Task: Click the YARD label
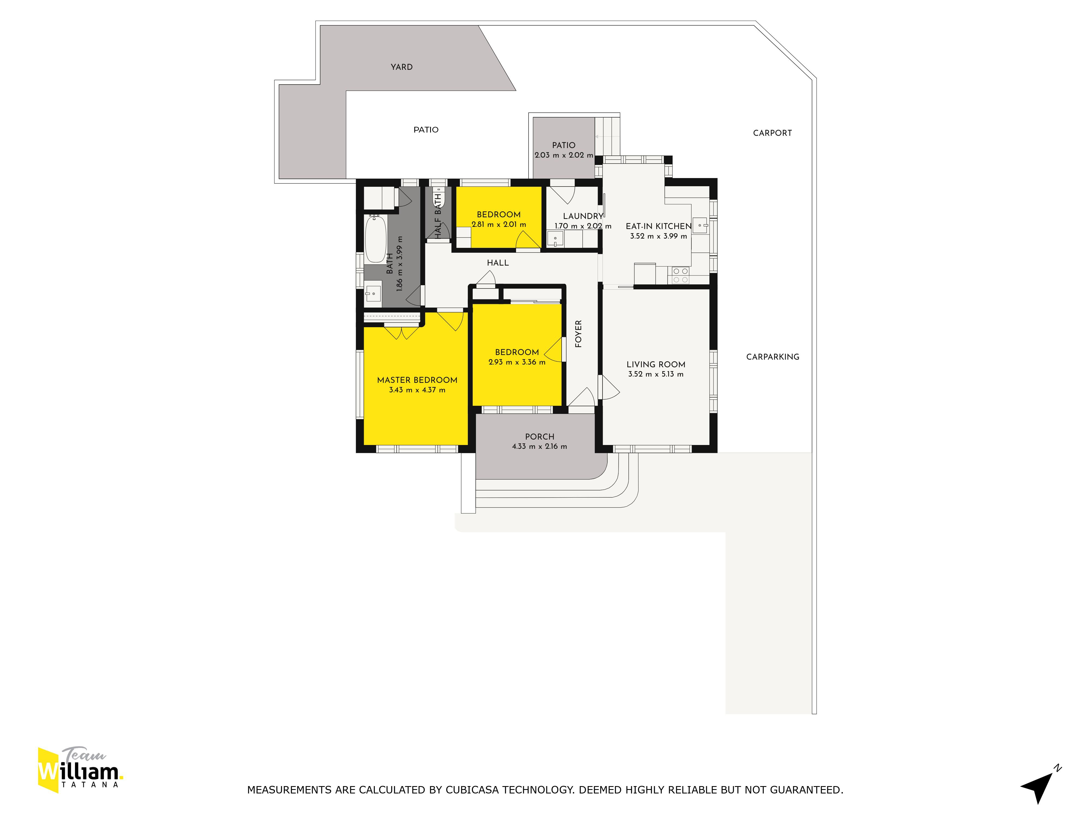click(x=401, y=67)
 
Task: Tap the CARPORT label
click(x=772, y=133)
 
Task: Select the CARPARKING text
click(x=772, y=357)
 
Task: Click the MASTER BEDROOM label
click(x=417, y=380)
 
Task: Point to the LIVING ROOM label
click(x=656, y=364)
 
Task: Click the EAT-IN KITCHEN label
click(x=658, y=226)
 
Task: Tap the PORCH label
click(x=539, y=437)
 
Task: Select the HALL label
click(x=498, y=263)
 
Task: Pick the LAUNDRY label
click(x=583, y=216)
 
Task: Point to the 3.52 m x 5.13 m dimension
click(x=656, y=374)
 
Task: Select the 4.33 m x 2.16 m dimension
click(x=539, y=447)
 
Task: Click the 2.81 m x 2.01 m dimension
click(x=499, y=224)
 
